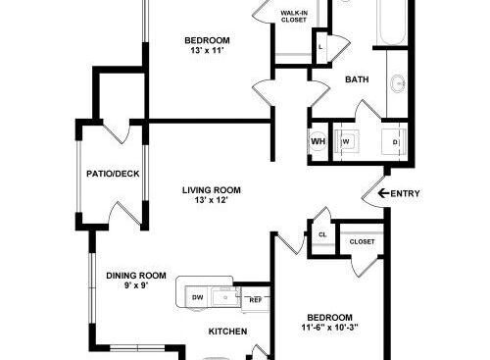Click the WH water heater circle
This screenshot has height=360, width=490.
click(318, 141)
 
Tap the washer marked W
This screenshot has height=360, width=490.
click(346, 141)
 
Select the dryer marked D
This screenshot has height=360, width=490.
click(394, 142)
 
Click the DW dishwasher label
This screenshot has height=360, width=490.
click(197, 297)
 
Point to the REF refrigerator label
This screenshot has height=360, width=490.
click(256, 300)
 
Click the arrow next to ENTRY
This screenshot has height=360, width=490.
click(384, 193)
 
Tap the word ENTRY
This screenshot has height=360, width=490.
click(405, 193)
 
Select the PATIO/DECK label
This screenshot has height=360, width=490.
click(113, 174)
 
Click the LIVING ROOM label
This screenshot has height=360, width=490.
click(212, 190)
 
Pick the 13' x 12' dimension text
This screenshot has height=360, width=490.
click(211, 200)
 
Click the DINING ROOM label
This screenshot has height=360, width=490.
click(136, 276)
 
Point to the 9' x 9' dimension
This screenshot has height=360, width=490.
click(136, 285)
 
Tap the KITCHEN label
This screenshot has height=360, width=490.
click(227, 332)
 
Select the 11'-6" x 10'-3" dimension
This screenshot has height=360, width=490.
click(330, 328)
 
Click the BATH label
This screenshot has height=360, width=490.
click(357, 79)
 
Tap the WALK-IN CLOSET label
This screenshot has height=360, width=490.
click(294, 17)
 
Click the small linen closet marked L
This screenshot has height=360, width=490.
click(321, 47)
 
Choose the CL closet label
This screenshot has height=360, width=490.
click(322, 234)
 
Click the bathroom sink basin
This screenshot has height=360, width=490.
click(398, 83)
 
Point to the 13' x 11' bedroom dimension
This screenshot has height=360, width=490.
click(208, 50)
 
